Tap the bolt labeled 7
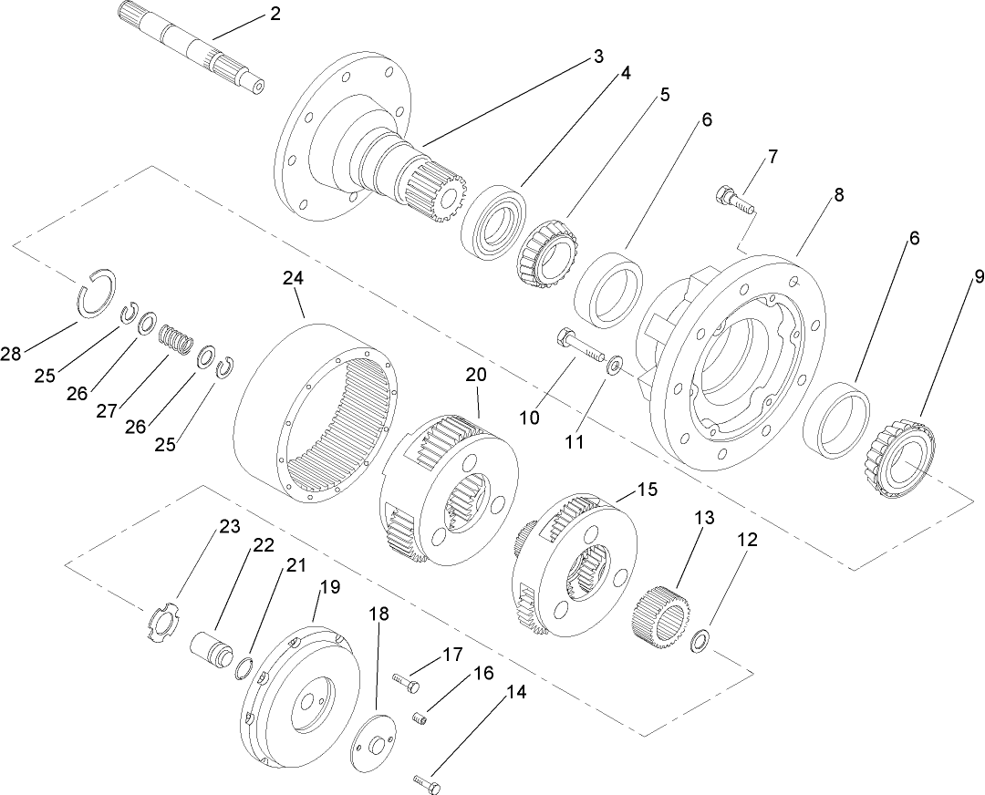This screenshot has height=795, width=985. click(x=731, y=200)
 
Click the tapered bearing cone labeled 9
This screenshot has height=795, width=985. click(x=899, y=459)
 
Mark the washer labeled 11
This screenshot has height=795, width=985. click(x=616, y=367)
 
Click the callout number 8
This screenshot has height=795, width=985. click(x=838, y=195)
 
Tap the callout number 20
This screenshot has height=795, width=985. click(x=476, y=375)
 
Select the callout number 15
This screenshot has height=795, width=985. click(x=647, y=490)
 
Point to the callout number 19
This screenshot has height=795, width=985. click(x=329, y=587)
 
